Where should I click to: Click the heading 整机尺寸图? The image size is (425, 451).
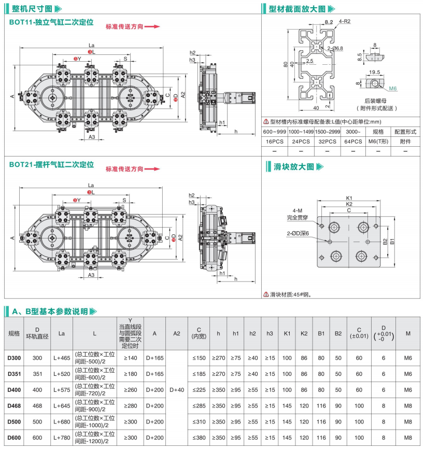pyautogui.click(x=32, y=9)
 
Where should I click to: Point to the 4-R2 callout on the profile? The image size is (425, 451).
pyautogui.click(x=345, y=21)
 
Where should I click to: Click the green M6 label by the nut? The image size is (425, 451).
pyautogui.click(x=392, y=89)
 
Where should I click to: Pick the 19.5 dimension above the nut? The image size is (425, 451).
pyautogui.click(x=375, y=72)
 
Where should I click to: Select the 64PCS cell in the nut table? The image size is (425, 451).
pyautogui.click(x=353, y=141)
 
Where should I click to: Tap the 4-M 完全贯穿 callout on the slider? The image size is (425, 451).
pyautogui.click(x=297, y=214)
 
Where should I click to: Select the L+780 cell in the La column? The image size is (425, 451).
pyautogui.click(x=61, y=438)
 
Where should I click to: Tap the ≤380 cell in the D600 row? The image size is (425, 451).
pyautogui.click(x=199, y=438)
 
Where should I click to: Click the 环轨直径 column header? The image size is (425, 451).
pyautogui.click(x=37, y=336)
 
